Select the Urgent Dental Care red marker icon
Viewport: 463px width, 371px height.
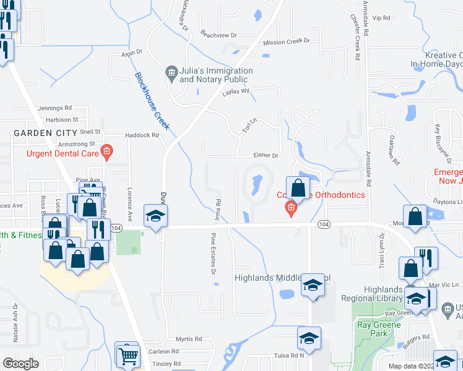106,151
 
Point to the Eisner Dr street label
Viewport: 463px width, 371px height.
267,156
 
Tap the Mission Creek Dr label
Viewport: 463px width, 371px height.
286,41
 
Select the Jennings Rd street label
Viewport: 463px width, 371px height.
54,108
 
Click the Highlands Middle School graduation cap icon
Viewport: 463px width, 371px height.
313,286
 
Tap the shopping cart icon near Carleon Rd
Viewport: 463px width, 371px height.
128,354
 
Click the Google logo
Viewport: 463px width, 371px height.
20,364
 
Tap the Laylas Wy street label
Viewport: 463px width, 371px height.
236,92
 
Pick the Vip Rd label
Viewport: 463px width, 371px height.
381,18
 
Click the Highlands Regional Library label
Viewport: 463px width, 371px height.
384,294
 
